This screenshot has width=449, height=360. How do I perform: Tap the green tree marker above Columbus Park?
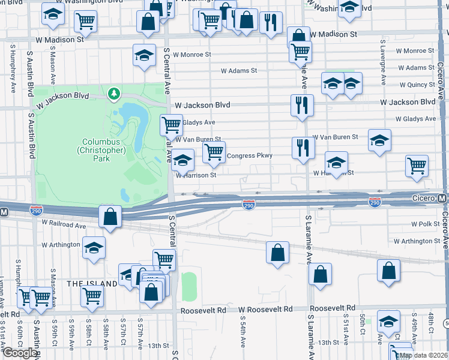coord(113,94)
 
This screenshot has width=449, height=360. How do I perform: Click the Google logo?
coord(19,353)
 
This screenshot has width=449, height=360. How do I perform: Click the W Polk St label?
coord(426,224)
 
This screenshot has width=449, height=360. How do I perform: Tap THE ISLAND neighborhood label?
coord(92,283)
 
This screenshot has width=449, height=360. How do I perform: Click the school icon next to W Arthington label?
coord(93,247)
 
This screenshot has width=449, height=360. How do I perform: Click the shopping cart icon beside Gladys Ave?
coord(171,125)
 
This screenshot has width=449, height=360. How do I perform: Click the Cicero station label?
coord(424,199)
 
